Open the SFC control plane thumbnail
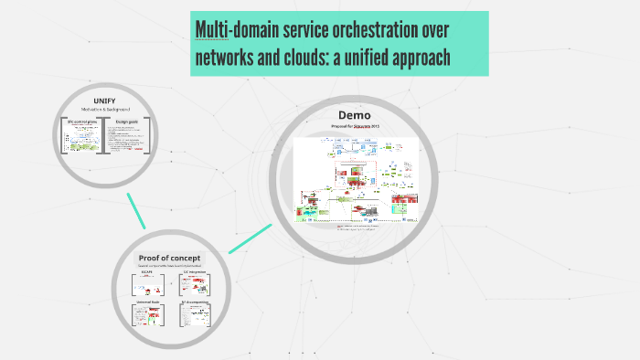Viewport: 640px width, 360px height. (x=80, y=136)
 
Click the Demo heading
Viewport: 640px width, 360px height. (x=354, y=115)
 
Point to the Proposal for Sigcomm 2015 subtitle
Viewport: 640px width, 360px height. (x=355, y=126)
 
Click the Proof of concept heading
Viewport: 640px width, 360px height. (x=170, y=257)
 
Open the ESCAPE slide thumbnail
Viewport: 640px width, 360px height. (x=146, y=285)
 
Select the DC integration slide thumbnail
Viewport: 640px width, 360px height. (x=193, y=285)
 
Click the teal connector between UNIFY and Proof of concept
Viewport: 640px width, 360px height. (x=136, y=211)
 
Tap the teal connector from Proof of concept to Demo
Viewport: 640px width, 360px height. (x=250, y=238)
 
